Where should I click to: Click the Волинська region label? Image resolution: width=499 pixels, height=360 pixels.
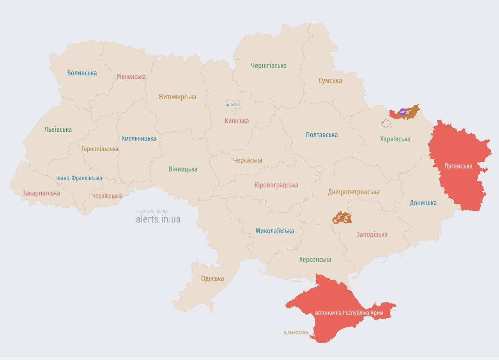[82, 73]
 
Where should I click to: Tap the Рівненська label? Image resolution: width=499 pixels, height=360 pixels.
[131, 76]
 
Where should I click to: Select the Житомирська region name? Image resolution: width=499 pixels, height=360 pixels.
[177, 97]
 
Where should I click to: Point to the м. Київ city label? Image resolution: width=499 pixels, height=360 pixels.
[233, 105]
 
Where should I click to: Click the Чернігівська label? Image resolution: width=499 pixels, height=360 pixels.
[269, 65]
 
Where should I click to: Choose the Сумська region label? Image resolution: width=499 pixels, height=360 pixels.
[330, 81]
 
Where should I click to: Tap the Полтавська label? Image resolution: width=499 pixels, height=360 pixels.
[322, 135]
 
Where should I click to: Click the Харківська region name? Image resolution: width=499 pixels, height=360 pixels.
[395, 139]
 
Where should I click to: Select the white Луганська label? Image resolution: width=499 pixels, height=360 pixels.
[458, 166]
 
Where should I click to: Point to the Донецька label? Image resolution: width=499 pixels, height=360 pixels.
[423, 203]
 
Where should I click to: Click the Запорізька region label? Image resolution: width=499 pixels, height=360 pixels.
[372, 235]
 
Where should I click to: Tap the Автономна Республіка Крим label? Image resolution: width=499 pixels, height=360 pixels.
[349, 313]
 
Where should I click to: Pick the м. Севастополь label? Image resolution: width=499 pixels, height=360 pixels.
[296, 332]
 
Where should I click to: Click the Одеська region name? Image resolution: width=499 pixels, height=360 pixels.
[212, 279]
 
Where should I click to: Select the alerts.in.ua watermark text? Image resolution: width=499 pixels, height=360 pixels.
[158, 219]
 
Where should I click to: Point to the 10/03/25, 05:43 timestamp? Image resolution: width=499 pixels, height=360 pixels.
[152, 212]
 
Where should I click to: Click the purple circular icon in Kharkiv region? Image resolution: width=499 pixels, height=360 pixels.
[403, 112]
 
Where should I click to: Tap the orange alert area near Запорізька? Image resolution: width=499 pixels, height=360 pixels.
[342, 218]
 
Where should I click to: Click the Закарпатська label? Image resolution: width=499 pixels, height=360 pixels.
[41, 193]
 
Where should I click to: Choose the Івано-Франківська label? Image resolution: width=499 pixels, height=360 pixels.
[79, 178]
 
